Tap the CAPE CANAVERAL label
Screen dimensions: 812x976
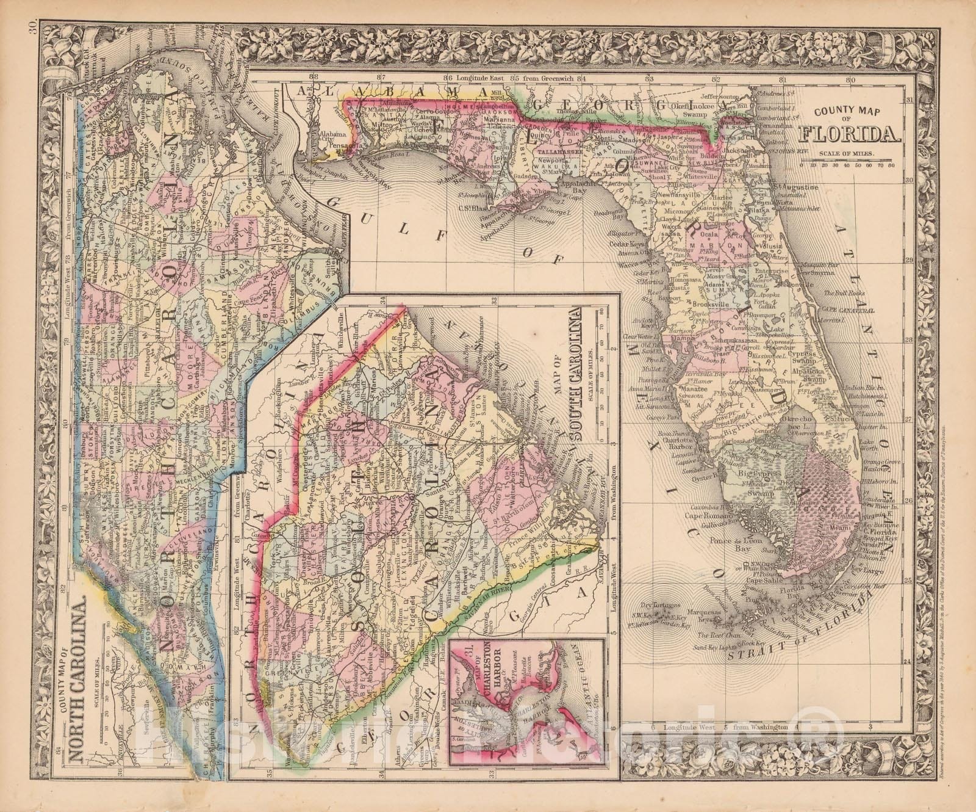point(852,310)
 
